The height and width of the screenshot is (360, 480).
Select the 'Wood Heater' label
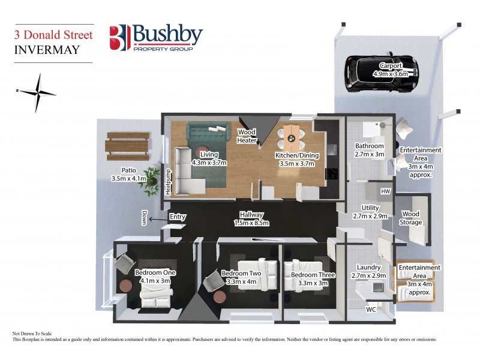tap(247, 136)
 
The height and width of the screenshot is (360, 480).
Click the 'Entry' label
tap(178, 217)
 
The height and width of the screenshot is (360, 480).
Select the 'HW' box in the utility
tap(385, 191)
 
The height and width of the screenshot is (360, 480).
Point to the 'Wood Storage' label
tap(411, 218)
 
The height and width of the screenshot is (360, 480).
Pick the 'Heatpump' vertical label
tap(168, 181)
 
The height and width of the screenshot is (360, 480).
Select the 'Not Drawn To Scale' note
tap(34, 333)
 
